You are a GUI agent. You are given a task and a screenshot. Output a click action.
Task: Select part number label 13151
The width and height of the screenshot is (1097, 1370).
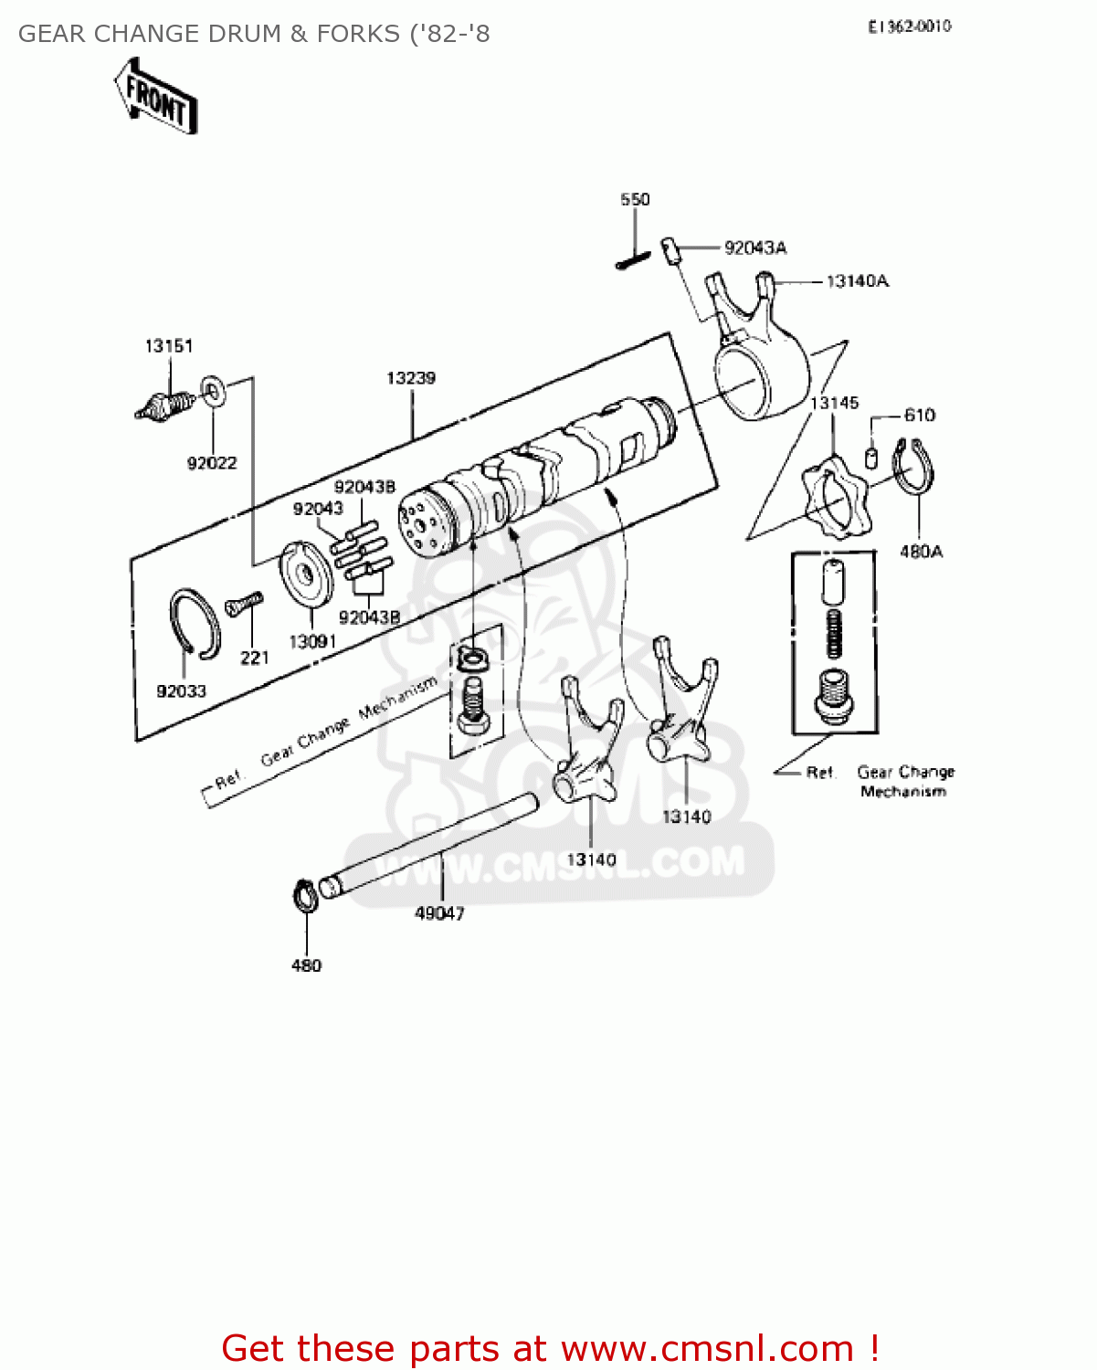169,346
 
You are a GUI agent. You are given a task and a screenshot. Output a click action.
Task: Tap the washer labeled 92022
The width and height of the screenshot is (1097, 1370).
213,393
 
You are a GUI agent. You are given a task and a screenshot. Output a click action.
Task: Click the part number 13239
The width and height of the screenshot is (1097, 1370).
411,378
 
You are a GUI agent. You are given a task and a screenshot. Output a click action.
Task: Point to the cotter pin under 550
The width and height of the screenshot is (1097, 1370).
632,260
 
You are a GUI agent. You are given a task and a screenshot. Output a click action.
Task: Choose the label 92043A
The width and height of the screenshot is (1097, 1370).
755,248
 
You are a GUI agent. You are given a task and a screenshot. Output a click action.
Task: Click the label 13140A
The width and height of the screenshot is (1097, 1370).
857,281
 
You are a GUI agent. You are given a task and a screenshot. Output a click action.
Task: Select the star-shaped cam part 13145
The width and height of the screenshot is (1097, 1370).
835,500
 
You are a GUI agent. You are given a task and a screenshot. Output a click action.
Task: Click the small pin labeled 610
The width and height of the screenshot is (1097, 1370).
871,456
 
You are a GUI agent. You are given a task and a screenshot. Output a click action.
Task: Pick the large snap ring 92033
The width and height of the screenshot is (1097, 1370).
195,624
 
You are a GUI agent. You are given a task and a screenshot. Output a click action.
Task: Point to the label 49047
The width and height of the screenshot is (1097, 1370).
439,913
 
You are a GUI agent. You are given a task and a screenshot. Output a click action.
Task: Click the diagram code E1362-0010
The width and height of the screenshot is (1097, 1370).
910,27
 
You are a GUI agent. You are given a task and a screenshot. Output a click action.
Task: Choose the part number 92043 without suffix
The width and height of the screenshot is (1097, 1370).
318,509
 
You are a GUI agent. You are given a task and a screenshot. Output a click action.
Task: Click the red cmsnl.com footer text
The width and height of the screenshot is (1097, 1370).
550,1348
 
